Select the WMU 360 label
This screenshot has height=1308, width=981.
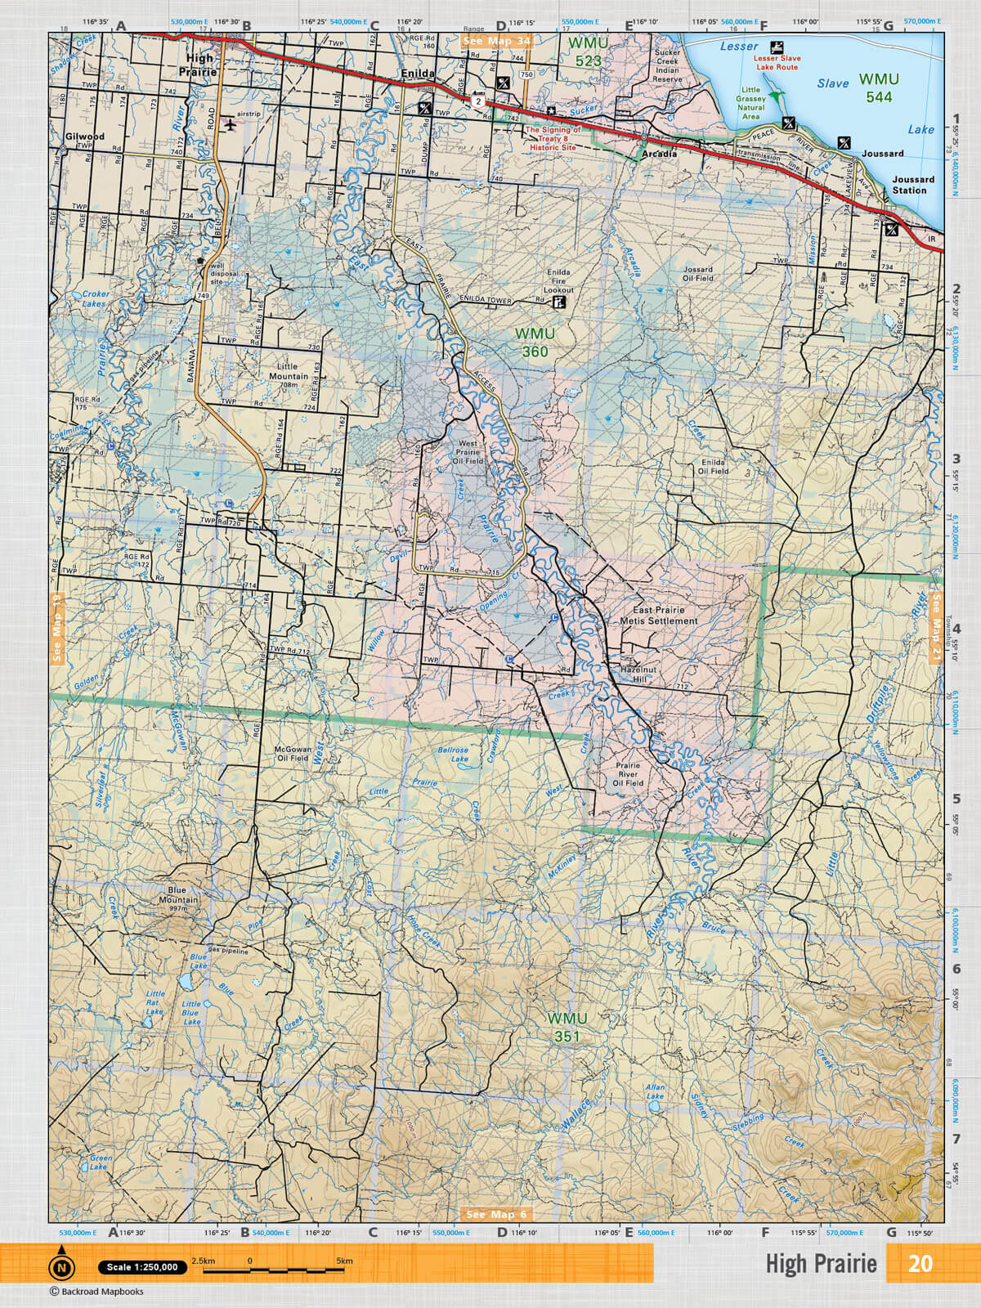[535, 343]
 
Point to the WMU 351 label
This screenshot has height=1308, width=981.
[567, 1027]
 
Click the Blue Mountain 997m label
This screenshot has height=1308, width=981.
[177, 895]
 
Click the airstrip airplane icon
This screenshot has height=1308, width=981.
[231, 125]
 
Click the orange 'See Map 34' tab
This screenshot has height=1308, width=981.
[495, 40]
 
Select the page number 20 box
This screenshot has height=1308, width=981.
[920, 1263]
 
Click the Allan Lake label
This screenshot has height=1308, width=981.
[655, 1091]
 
